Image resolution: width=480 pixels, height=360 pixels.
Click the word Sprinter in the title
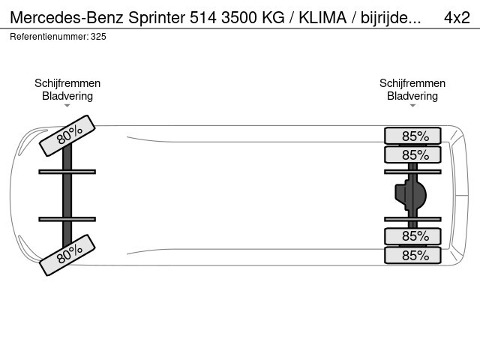pyautogui.click(x=157, y=18)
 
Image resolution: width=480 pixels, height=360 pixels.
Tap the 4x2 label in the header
pyautogui.click(x=457, y=18)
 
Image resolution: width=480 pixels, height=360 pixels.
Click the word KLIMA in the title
pyautogui.click(x=322, y=18)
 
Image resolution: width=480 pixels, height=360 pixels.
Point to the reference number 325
pyautogui.click(x=98, y=37)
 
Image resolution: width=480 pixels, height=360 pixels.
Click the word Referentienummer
pyautogui.click(x=49, y=37)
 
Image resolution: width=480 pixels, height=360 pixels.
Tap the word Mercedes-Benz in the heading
pyautogui.click(x=67, y=18)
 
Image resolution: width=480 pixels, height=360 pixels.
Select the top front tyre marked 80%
pyautogui.click(x=67, y=136)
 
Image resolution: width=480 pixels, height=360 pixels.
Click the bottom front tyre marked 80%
pyautogui.click(x=67, y=255)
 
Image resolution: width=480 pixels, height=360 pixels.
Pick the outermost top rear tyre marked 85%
pyautogui.click(x=412, y=136)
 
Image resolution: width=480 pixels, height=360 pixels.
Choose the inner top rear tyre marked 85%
pyautogui.click(x=412, y=154)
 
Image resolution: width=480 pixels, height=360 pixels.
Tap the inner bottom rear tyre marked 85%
pyautogui.click(x=412, y=236)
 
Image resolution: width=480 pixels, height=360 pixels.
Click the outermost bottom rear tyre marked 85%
pyautogui.click(x=412, y=255)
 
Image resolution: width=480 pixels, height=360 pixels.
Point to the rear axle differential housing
pyautogui.click(x=410, y=195)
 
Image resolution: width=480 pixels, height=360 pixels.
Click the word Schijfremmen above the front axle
pyautogui.click(x=67, y=83)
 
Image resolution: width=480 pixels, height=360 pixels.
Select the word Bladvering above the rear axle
pyautogui.click(x=412, y=96)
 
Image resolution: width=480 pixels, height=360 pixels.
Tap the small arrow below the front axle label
pyautogui.click(x=67, y=106)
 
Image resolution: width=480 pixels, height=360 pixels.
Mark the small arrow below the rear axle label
pyautogui.click(x=412, y=106)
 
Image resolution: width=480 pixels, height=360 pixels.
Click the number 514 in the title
pyautogui.click(x=204, y=18)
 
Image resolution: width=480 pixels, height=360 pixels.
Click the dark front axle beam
pyautogui.click(x=67, y=195)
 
